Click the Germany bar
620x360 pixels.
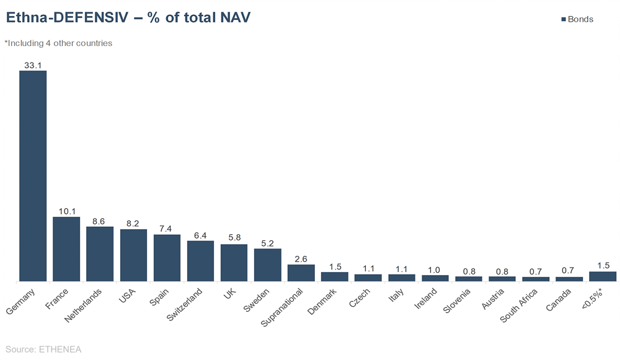(33, 176)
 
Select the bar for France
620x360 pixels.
(66, 249)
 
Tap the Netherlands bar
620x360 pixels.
(100, 254)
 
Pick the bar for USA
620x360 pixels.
(133, 255)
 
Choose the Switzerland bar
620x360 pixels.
(200, 261)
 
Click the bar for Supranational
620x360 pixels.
(301, 273)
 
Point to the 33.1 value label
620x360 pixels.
(33, 64)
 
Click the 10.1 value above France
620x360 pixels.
(66, 211)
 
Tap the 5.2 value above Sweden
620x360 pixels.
(268, 243)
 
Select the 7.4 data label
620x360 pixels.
(167, 229)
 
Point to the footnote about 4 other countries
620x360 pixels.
(58, 43)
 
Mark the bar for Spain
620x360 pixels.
(167, 258)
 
